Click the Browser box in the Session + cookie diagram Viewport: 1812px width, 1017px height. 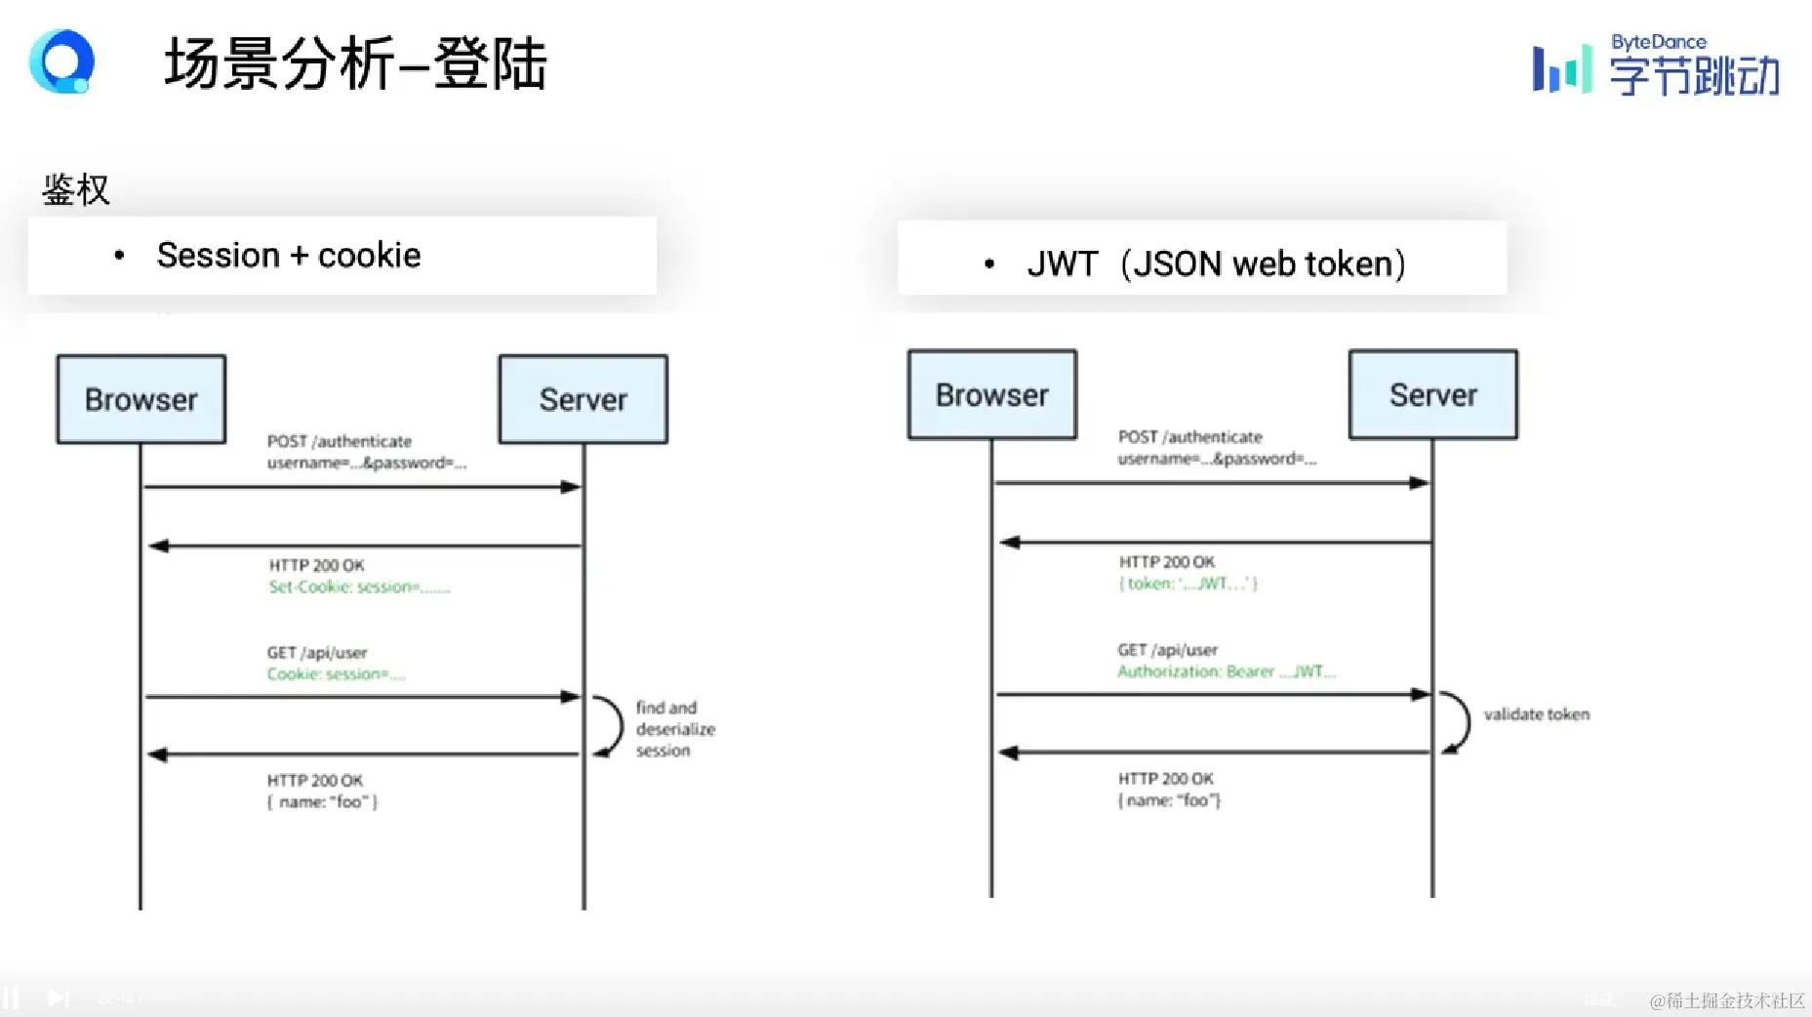(x=141, y=399)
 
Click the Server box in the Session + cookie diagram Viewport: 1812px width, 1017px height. (x=584, y=399)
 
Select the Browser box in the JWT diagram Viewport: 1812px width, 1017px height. (x=992, y=394)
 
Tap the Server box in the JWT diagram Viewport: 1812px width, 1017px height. (x=1433, y=394)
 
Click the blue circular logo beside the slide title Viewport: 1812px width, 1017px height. (x=62, y=61)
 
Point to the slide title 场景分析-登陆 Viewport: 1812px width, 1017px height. (x=356, y=64)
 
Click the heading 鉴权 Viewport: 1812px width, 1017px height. (x=76, y=189)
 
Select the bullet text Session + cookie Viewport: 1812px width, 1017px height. (x=289, y=256)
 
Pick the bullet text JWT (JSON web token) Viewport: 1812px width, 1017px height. (x=1216, y=264)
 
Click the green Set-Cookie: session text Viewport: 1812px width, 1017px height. (x=359, y=587)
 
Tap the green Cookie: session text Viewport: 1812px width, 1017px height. (x=336, y=674)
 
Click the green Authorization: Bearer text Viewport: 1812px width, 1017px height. (x=1226, y=671)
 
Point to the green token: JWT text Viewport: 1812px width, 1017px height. (x=1188, y=584)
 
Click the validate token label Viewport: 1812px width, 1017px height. (x=1536, y=714)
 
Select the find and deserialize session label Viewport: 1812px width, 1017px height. (x=674, y=729)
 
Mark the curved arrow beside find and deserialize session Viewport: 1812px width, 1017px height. (x=609, y=726)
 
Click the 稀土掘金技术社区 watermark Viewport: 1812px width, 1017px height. (x=1726, y=1000)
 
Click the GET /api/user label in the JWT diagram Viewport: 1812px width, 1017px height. (x=1168, y=650)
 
